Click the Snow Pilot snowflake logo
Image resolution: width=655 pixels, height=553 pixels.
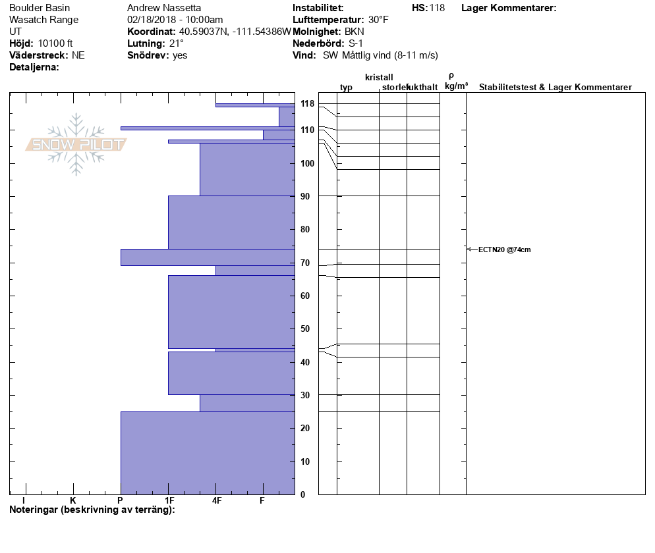76,144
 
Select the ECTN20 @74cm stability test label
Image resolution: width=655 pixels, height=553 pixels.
504,250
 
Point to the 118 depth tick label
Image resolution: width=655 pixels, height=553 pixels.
307,104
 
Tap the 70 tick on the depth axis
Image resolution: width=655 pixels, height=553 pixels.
305,263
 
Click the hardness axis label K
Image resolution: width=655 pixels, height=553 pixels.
73,501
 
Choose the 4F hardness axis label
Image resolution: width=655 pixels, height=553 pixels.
216,501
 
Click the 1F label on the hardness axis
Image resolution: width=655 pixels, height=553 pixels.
169,501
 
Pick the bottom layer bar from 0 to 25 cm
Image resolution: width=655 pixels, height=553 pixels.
208,453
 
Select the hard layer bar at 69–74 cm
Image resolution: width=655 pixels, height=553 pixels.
208,257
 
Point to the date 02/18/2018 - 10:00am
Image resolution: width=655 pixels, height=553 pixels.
175,20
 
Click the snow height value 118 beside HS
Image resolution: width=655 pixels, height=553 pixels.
437,8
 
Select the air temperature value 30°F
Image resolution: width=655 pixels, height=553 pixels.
378,20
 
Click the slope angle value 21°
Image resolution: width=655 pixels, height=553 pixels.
176,43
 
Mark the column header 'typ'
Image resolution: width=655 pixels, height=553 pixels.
346,88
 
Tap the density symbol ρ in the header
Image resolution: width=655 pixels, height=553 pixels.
451,76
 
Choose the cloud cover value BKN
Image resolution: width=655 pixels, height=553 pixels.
355,32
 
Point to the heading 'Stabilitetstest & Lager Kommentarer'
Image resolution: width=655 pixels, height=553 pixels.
555,88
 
